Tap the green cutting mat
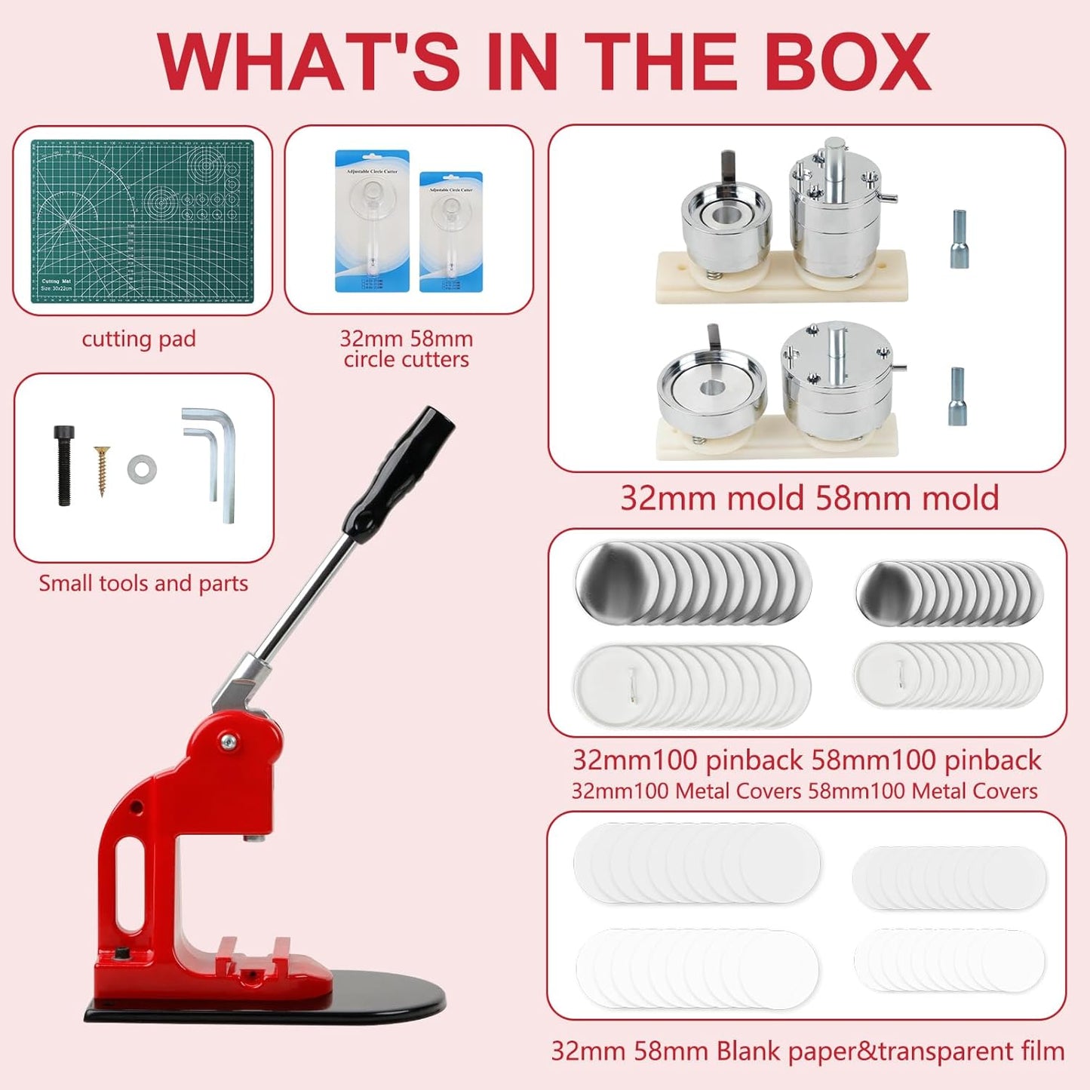coord(142,221)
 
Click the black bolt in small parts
coord(64,465)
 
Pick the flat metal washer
coord(142,469)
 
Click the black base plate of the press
coord(264,1003)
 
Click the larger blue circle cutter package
coord(372,221)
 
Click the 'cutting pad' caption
coord(139,339)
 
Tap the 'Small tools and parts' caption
coord(143,583)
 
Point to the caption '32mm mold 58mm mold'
coord(809,498)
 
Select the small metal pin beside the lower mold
coord(957,397)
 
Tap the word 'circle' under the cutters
coord(370,359)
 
